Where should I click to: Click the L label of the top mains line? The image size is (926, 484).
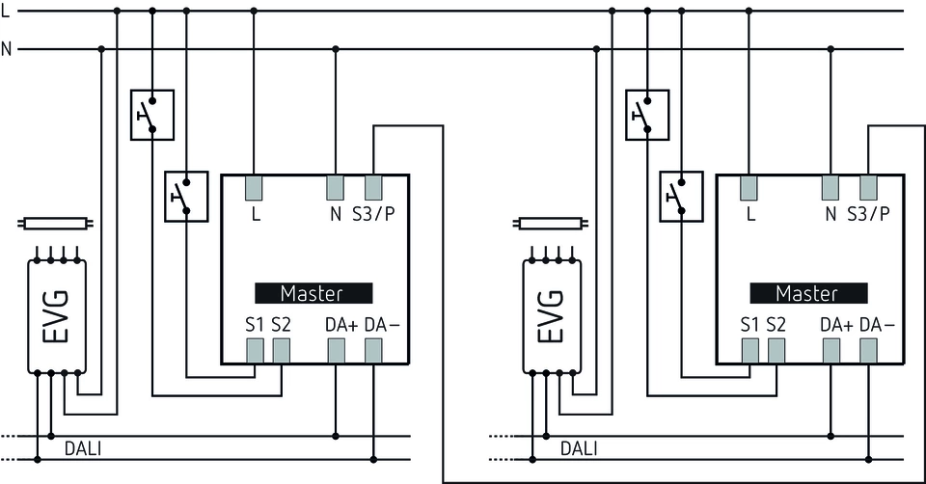(x=7, y=10)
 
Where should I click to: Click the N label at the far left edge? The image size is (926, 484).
(x=7, y=48)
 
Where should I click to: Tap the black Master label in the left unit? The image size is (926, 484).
(x=313, y=292)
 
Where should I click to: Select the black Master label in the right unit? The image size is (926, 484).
(x=807, y=292)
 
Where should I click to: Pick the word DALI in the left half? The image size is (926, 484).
(x=83, y=448)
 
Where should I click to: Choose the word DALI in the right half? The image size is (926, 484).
(x=579, y=448)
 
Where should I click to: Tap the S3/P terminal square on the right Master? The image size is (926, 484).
(x=868, y=187)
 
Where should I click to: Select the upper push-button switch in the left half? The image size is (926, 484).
(x=151, y=115)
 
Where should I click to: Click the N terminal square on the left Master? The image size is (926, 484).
(x=336, y=187)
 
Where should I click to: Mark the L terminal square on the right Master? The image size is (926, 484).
(x=749, y=187)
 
